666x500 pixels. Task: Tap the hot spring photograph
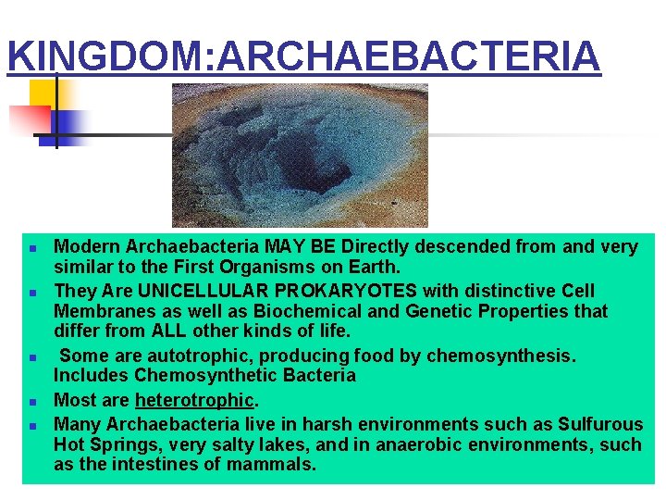(300, 155)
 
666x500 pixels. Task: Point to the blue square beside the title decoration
(70, 124)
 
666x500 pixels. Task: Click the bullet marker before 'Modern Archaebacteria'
(32, 249)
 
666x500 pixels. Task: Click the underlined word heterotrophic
(194, 401)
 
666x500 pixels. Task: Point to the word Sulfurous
(599, 424)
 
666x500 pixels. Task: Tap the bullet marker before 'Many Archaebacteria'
(32, 426)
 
